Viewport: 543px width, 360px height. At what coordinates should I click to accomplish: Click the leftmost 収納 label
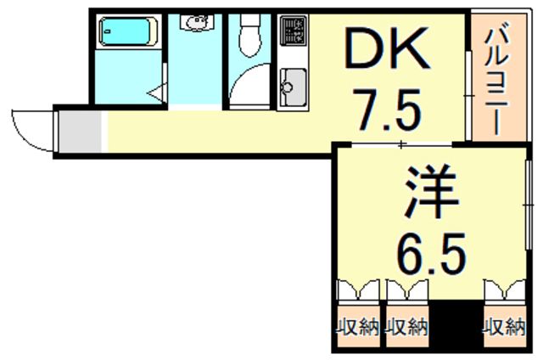pos(357,327)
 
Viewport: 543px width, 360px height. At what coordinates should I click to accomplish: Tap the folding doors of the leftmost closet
pos(357,290)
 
